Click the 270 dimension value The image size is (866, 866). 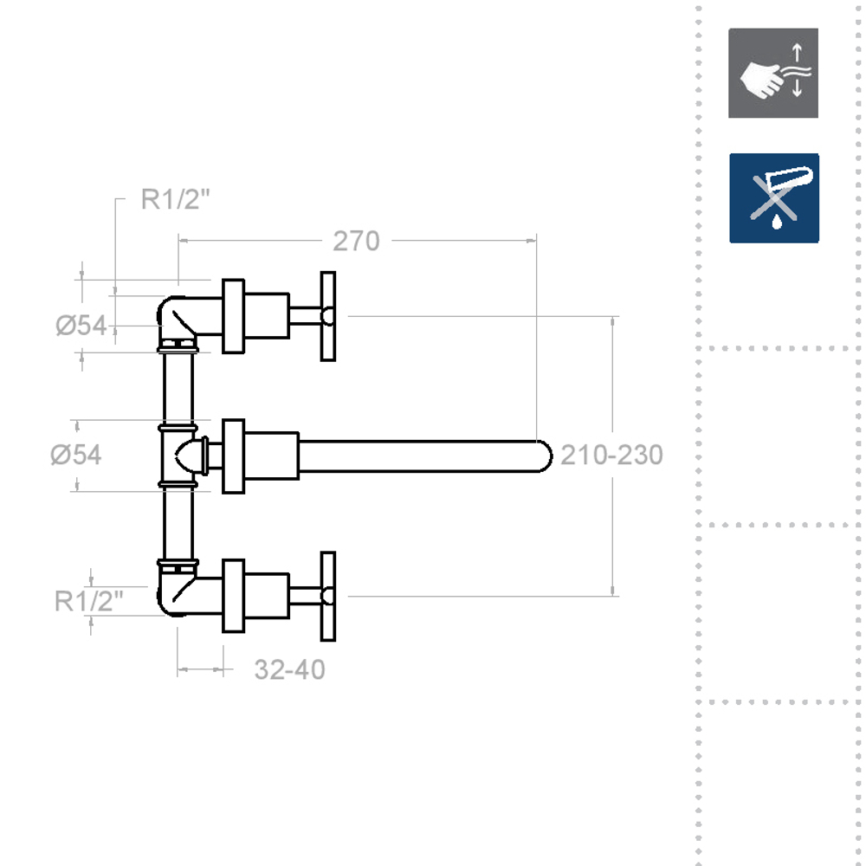pos(356,242)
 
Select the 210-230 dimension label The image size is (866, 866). pos(611,455)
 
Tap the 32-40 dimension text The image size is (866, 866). pos(290,669)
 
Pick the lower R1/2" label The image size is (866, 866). pos(89,600)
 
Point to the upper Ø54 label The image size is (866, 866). pos(81,326)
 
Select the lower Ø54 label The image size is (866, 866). pos(76,455)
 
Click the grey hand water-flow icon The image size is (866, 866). pos(772,74)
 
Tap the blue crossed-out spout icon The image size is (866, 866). pos(772,197)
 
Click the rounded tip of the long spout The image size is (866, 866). pos(544,456)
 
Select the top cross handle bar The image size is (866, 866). pos(328,316)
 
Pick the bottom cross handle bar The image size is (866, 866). pos(328,596)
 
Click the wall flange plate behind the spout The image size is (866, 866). pos(233,456)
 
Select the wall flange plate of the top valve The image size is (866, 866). pos(233,316)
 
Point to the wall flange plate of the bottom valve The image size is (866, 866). pos(233,596)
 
